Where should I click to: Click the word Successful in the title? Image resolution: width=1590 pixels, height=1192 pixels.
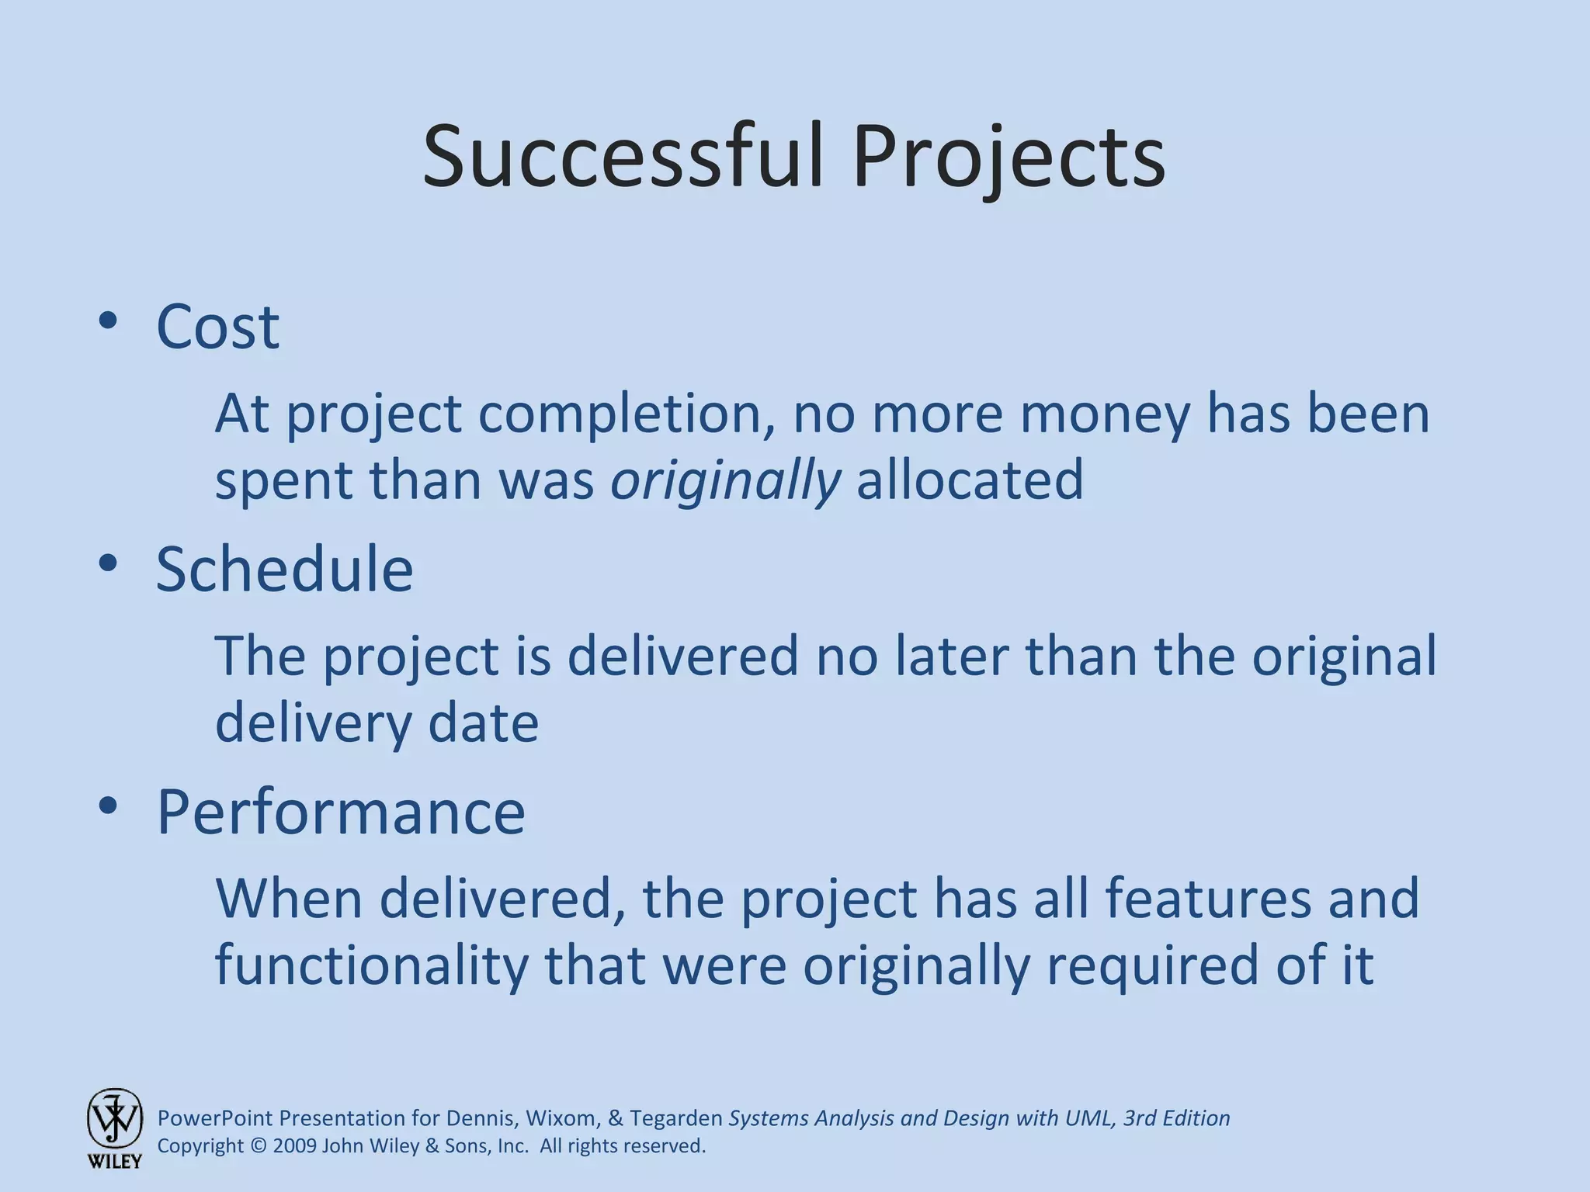pyautogui.click(x=621, y=158)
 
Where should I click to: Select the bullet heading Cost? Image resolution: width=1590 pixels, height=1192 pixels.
pyautogui.click(x=217, y=327)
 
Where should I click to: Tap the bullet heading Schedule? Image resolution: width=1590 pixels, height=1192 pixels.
pyautogui.click(x=284, y=570)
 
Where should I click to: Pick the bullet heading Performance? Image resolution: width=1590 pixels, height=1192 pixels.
pyautogui.click(x=341, y=812)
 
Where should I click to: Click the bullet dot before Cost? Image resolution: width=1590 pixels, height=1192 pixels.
pyautogui.click(x=108, y=321)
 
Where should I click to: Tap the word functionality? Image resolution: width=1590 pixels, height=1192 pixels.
pyautogui.click(x=371, y=966)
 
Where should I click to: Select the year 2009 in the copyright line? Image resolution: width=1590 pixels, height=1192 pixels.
pyautogui.click(x=295, y=1146)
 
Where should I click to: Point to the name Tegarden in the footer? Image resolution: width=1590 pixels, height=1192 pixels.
pyautogui.click(x=675, y=1118)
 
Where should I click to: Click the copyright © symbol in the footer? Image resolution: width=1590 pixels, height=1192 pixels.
pyautogui.click(x=259, y=1146)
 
